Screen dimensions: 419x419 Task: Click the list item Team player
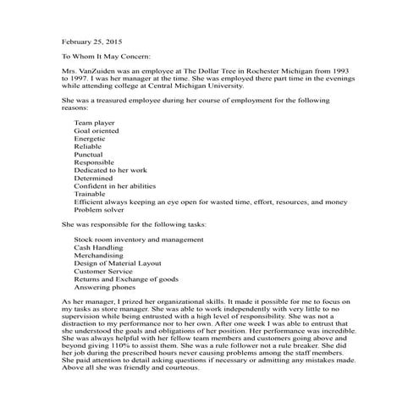(x=95, y=124)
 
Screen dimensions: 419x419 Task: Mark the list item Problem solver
(x=98, y=211)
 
